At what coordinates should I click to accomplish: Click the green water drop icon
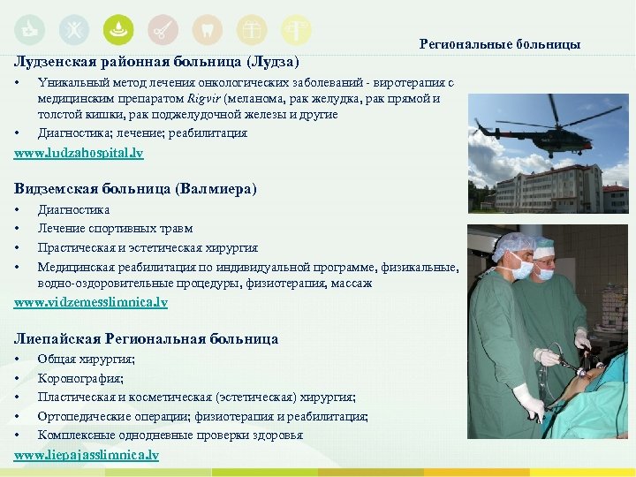(x=118, y=29)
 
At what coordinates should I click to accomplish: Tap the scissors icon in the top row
(x=163, y=29)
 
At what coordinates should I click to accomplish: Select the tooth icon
(x=207, y=29)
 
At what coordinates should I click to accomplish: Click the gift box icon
(x=252, y=29)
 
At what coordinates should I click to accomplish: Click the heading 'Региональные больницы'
(x=499, y=43)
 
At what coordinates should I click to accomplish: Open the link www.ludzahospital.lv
(x=79, y=153)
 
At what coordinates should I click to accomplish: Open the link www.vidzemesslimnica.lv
(x=90, y=302)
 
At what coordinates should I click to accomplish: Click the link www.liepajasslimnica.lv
(x=87, y=454)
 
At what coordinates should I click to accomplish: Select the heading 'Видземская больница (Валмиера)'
(x=135, y=188)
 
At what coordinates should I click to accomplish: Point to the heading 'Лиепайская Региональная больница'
(x=146, y=338)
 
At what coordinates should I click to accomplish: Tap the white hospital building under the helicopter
(x=539, y=186)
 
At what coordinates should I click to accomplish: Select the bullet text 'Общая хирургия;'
(x=86, y=359)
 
